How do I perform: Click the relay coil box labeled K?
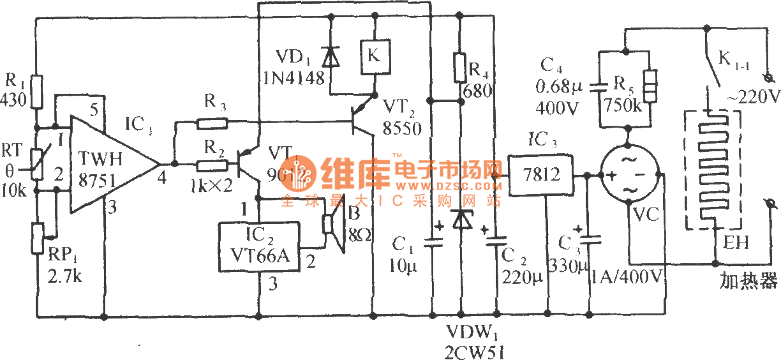[x=374, y=55]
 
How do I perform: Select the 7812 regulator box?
[x=539, y=174]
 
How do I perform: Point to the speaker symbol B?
[x=332, y=223]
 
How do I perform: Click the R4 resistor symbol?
[x=461, y=68]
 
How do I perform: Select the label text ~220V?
[x=754, y=96]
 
